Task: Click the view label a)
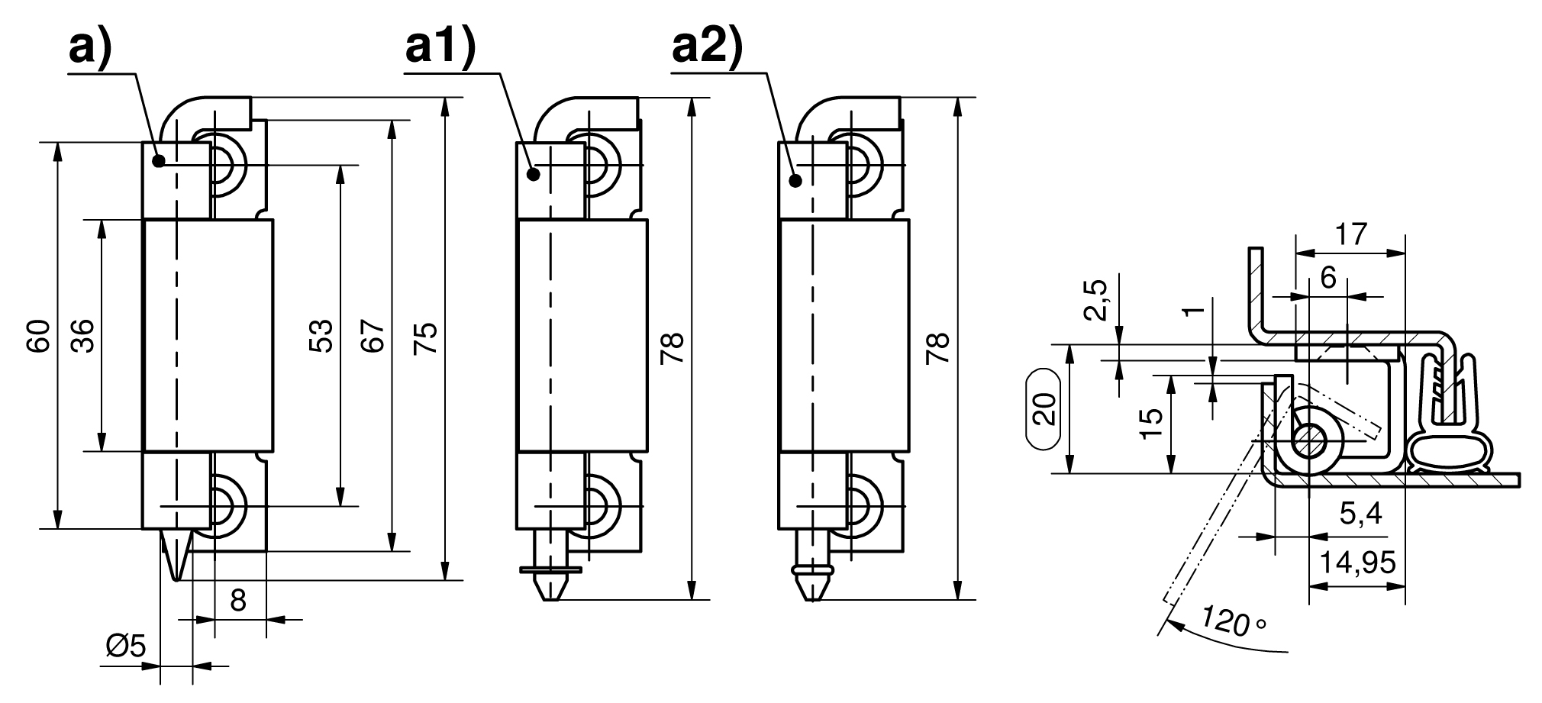click(x=90, y=49)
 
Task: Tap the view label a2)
click(x=707, y=49)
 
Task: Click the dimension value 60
click(x=38, y=336)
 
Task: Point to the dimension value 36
click(x=82, y=336)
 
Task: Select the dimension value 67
click(x=372, y=336)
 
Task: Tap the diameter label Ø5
click(x=125, y=647)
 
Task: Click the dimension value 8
click(x=238, y=601)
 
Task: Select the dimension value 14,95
click(x=1358, y=563)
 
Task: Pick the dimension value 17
click(x=1350, y=234)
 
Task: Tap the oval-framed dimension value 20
click(x=1047, y=408)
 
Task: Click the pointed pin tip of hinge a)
click(x=177, y=579)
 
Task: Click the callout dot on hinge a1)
click(x=534, y=174)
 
